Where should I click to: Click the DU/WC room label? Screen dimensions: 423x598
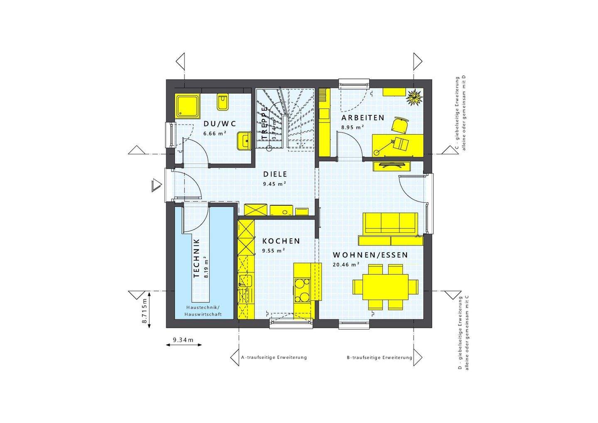point(220,123)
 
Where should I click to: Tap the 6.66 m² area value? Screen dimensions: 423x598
point(215,133)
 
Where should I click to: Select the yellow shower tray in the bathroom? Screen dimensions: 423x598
point(188,106)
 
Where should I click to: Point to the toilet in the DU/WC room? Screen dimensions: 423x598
point(223,102)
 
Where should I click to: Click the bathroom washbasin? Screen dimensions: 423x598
point(244,140)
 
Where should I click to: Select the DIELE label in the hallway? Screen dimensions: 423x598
point(275,175)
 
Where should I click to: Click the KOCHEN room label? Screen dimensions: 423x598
point(281,241)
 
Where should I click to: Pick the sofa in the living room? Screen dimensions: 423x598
point(390,224)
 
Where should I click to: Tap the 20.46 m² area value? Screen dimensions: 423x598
point(346,264)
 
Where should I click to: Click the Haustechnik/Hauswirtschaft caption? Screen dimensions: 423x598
point(203,310)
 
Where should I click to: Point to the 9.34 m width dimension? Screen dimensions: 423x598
point(183,340)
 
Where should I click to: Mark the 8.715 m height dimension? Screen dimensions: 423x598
point(145,311)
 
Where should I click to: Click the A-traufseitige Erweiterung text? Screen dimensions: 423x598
point(274,357)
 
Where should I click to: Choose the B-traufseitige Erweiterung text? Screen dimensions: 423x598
point(380,357)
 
